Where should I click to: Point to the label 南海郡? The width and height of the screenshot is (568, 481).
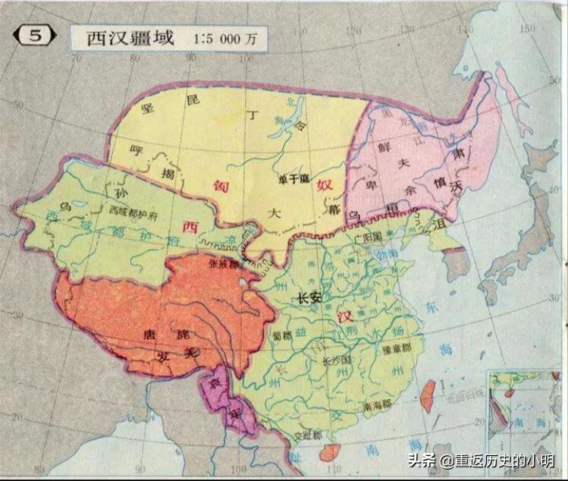pos(376,407)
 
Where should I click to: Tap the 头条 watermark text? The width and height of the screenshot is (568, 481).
pos(421,461)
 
